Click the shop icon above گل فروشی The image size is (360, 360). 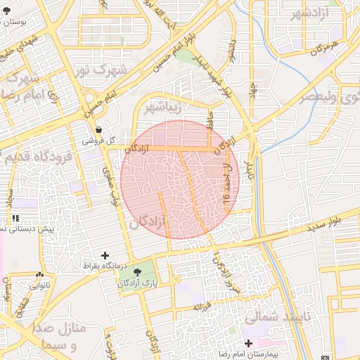click(98, 130)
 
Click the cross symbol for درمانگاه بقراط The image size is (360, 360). click(105, 255)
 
